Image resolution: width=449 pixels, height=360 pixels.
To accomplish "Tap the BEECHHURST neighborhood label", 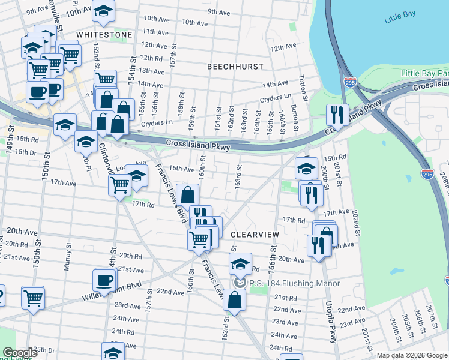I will tap(234, 67).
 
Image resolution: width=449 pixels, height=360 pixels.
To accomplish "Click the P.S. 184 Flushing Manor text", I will tap(294, 283).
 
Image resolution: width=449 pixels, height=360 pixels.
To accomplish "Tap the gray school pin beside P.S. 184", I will tap(240, 283).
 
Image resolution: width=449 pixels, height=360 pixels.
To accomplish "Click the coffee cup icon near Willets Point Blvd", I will tap(104, 280).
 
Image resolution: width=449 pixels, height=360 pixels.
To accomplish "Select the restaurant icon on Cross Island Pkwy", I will tap(337, 113).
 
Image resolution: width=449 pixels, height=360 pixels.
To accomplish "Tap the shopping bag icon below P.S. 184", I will tap(234, 299).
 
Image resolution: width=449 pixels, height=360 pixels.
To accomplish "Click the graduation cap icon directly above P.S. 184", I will tap(240, 263).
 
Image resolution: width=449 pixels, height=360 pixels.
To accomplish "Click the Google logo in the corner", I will tap(20, 353).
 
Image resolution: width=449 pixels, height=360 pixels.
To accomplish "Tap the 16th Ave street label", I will tap(181, 169).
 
